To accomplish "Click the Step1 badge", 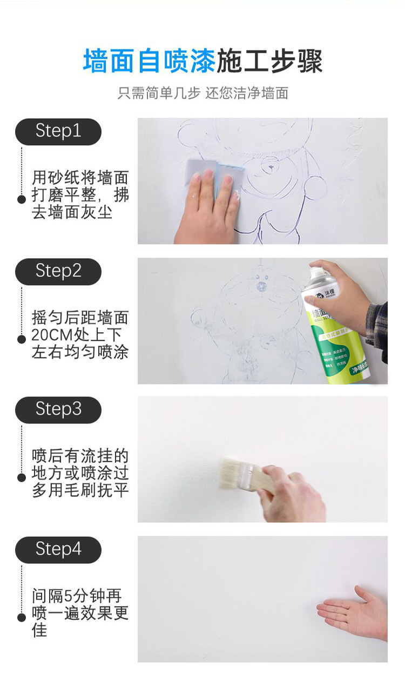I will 58,131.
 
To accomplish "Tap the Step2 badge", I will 58,271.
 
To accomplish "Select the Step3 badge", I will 58,409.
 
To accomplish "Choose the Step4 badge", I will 58,550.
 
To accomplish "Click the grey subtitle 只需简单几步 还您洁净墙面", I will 202,93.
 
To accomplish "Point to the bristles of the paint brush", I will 233,473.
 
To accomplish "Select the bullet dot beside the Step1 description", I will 22,199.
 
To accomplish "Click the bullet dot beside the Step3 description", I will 22,477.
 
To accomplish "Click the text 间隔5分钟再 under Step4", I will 76,596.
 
